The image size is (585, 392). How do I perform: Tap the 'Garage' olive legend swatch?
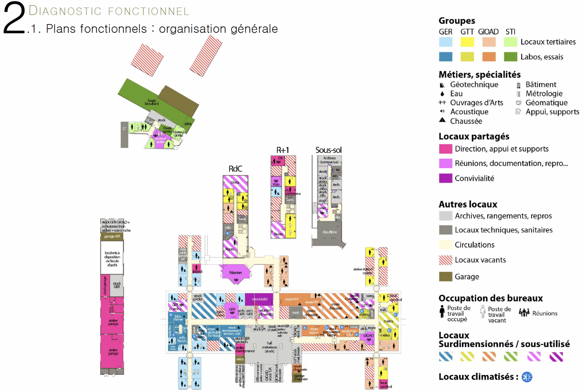click(x=446, y=277)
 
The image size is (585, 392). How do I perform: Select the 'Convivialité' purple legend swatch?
click(x=446, y=178)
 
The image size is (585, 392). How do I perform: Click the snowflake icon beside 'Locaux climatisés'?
click(x=527, y=377)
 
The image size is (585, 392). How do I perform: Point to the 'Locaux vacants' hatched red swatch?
click(x=446, y=260)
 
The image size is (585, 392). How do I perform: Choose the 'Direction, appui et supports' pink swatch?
click(x=446, y=149)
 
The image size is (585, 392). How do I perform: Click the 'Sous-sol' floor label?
click(x=328, y=150)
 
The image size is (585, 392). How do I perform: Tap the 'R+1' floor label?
click(x=283, y=150)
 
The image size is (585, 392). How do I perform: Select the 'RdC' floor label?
click(x=235, y=169)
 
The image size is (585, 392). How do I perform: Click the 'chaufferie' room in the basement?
click(x=330, y=232)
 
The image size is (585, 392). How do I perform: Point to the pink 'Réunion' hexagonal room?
click(x=236, y=273)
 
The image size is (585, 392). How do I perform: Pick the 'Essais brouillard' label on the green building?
click(x=152, y=102)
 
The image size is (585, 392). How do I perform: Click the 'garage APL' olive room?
click(x=112, y=236)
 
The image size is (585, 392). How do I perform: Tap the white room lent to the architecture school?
click(x=112, y=259)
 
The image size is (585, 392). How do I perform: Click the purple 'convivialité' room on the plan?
click(x=259, y=299)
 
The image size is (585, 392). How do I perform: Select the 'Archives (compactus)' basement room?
click(x=330, y=160)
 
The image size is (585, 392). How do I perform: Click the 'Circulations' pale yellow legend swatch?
click(x=446, y=245)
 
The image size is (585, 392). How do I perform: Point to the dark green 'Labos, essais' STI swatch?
click(x=511, y=57)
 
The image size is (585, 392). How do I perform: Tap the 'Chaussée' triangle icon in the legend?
click(x=442, y=120)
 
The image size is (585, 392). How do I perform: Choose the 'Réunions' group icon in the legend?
click(x=524, y=313)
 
